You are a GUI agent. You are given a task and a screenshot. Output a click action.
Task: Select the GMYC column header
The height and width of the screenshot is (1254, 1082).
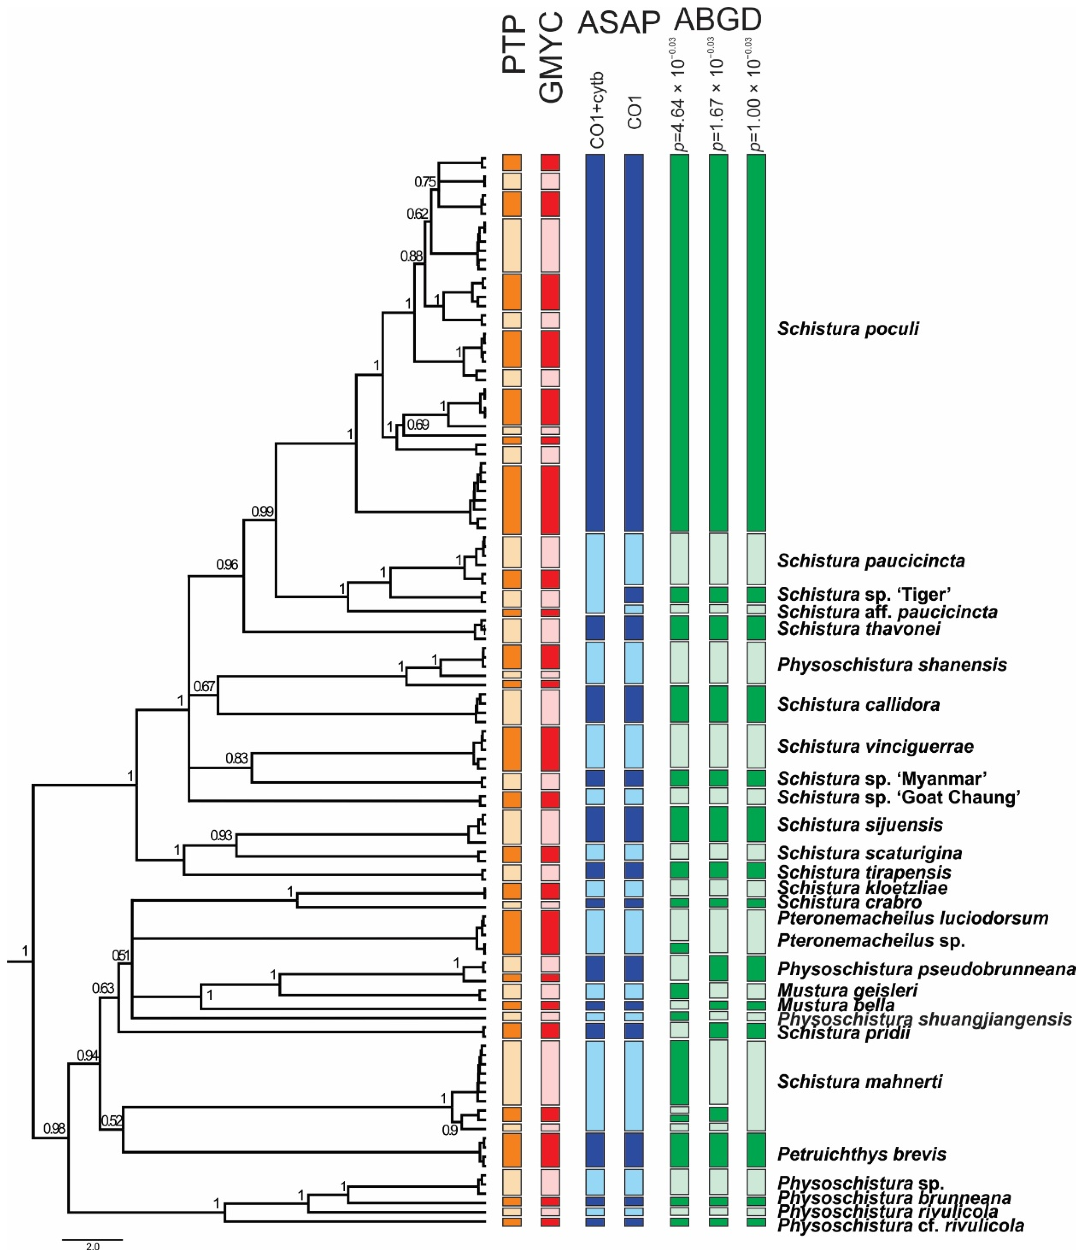(x=551, y=57)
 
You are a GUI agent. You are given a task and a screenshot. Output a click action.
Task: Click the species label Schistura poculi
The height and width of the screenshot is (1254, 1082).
(x=848, y=329)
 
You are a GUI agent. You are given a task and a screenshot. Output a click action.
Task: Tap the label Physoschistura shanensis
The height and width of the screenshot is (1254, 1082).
(x=892, y=665)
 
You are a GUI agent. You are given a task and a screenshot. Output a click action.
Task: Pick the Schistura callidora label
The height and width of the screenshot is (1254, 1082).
(x=858, y=704)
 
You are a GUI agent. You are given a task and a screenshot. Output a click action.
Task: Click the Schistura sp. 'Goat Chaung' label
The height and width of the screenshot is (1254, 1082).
(x=899, y=797)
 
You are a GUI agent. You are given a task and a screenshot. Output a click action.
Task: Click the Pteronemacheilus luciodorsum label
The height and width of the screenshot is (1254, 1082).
(x=912, y=918)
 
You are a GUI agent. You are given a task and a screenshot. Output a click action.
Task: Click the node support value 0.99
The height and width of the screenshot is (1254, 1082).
(x=262, y=511)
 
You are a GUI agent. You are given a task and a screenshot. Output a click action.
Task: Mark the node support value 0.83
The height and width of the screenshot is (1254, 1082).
(x=237, y=758)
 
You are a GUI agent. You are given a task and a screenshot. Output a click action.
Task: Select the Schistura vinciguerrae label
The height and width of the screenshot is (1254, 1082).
(x=875, y=746)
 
